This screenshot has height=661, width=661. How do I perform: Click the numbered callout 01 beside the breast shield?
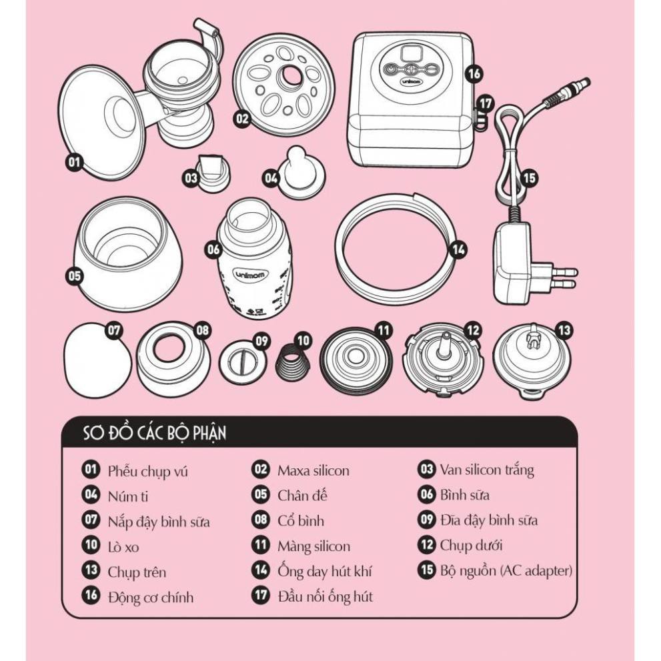point(74,162)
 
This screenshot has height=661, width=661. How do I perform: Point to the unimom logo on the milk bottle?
point(249,275)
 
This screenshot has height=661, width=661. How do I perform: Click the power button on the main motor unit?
point(392,69)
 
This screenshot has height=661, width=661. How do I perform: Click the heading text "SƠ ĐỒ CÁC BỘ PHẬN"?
point(154,433)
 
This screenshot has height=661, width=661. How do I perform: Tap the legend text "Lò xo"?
point(123,547)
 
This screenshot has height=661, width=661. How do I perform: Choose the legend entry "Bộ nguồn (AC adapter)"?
point(506,570)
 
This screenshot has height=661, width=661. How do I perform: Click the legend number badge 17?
point(261,595)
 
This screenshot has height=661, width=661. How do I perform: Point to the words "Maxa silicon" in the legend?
point(313,470)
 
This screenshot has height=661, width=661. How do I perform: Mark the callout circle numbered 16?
point(474,74)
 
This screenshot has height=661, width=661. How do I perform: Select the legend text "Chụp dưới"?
point(471,546)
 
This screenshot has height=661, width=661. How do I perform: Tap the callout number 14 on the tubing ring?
point(458,249)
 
